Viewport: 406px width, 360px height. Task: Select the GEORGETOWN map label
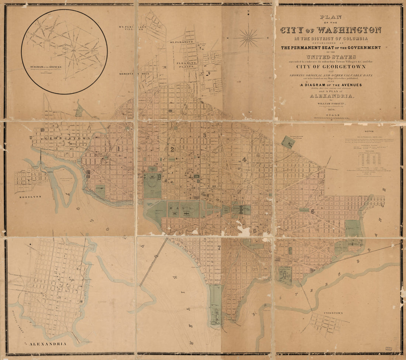[x=62, y=138]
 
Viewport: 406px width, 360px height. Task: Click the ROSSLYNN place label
[x=31, y=197]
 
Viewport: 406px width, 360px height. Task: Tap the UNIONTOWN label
[x=333, y=313]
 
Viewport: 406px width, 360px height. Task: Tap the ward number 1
[x=119, y=149]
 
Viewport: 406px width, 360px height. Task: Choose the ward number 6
[x=312, y=211]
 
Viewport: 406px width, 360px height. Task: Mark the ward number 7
[x=219, y=247]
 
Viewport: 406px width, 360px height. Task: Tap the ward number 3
[x=204, y=135]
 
